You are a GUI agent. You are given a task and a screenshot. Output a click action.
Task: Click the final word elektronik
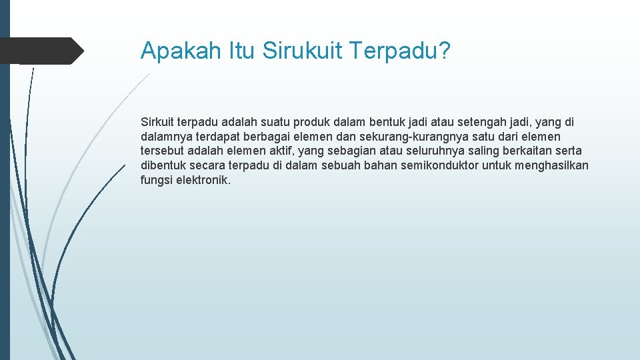click(203, 180)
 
